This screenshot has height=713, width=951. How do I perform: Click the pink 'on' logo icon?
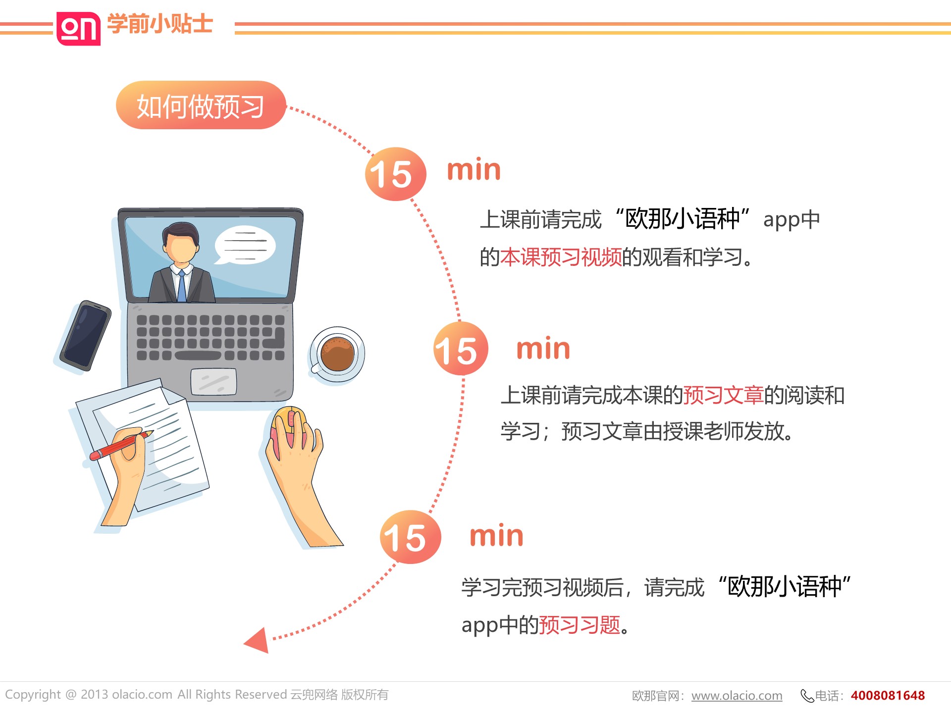tap(78, 28)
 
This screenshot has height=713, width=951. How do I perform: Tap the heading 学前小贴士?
tap(160, 24)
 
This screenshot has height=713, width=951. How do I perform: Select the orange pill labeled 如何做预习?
tap(201, 105)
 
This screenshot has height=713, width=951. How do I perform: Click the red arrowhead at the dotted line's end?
tap(257, 640)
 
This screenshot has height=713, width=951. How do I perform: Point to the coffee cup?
tap(337, 354)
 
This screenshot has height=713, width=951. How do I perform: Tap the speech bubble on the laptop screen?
tap(245, 246)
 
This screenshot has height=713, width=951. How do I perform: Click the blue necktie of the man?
tap(182, 287)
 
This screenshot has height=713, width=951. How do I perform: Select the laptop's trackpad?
tap(213, 382)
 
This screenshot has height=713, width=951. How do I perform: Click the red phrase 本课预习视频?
tap(561, 257)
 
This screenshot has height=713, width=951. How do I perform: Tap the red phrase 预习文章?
tap(723, 395)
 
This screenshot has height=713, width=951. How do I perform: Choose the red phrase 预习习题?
tap(580, 625)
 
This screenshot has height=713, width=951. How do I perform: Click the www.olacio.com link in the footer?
tap(737, 696)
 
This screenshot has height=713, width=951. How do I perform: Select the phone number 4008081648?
tap(888, 695)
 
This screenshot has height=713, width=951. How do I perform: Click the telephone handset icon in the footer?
tap(807, 696)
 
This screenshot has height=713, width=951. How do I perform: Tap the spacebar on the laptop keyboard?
tap(198, 356)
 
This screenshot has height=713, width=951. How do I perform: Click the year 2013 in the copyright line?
tap(94, 694)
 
